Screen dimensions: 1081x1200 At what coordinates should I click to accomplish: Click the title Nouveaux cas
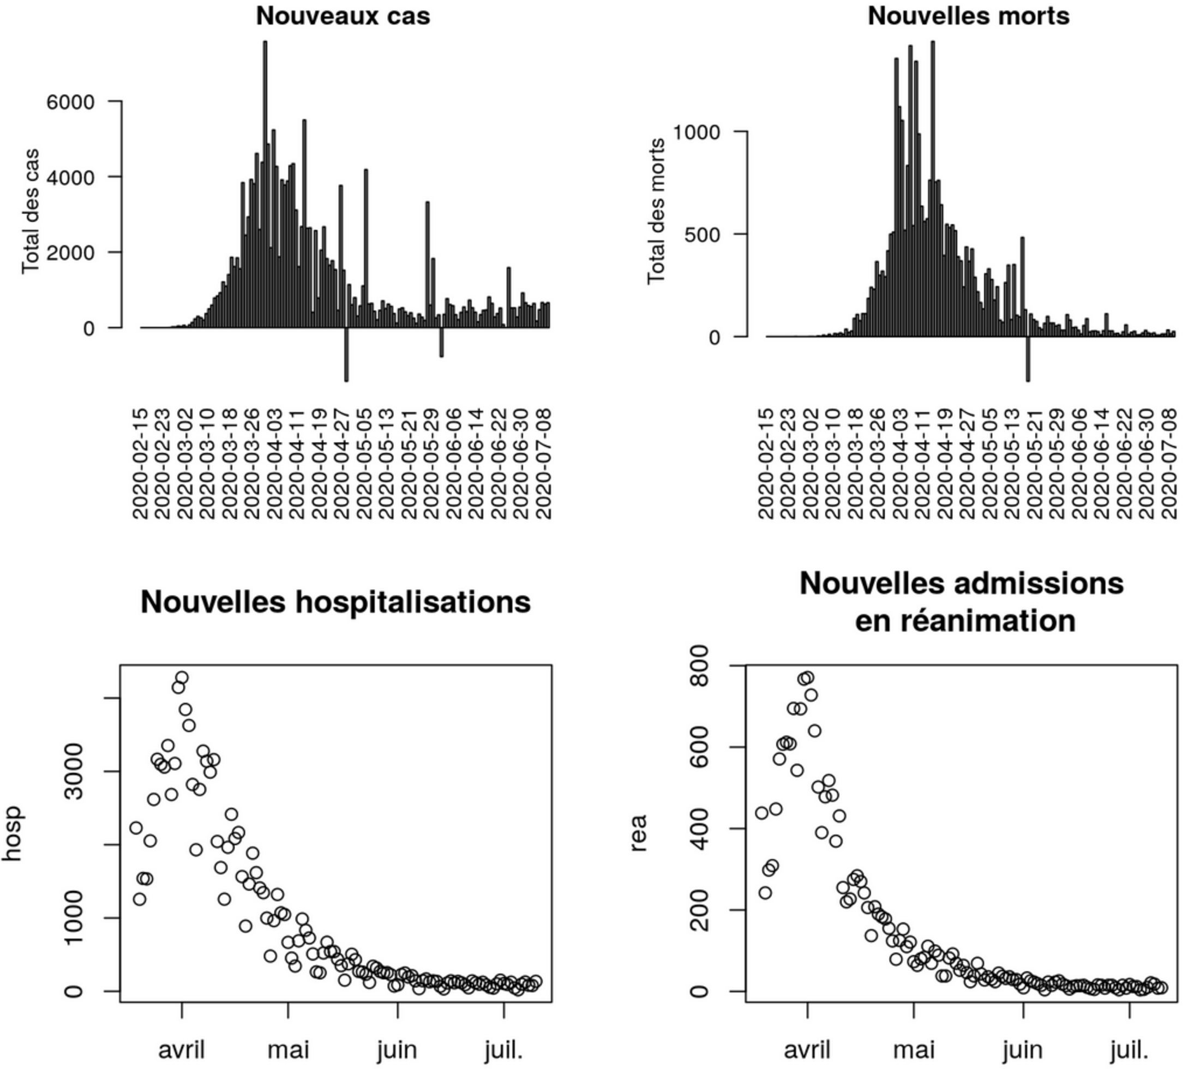[x=343, y=16]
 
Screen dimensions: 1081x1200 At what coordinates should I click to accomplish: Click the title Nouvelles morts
[x=968, y=16]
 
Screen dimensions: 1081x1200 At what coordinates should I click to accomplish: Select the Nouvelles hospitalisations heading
[x=335, y=602]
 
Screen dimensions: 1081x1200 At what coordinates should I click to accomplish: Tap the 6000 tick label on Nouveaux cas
[x=70, y=102]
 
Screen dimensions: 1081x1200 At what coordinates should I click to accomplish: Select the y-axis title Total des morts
[x=656, y=211]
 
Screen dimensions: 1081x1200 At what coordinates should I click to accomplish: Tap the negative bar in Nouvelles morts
[x=1028, y=359]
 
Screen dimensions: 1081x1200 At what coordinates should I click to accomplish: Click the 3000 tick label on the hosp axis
[x=74, y=772]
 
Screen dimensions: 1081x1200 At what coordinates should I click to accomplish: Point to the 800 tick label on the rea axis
[x=701, y=666]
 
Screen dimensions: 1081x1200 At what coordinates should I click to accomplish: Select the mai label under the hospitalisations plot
[x=288, y=1049]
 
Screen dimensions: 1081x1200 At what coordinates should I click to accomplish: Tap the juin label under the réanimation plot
[x=1022, y=1049]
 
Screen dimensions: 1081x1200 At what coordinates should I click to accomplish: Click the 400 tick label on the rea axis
[x=701, y=828]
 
